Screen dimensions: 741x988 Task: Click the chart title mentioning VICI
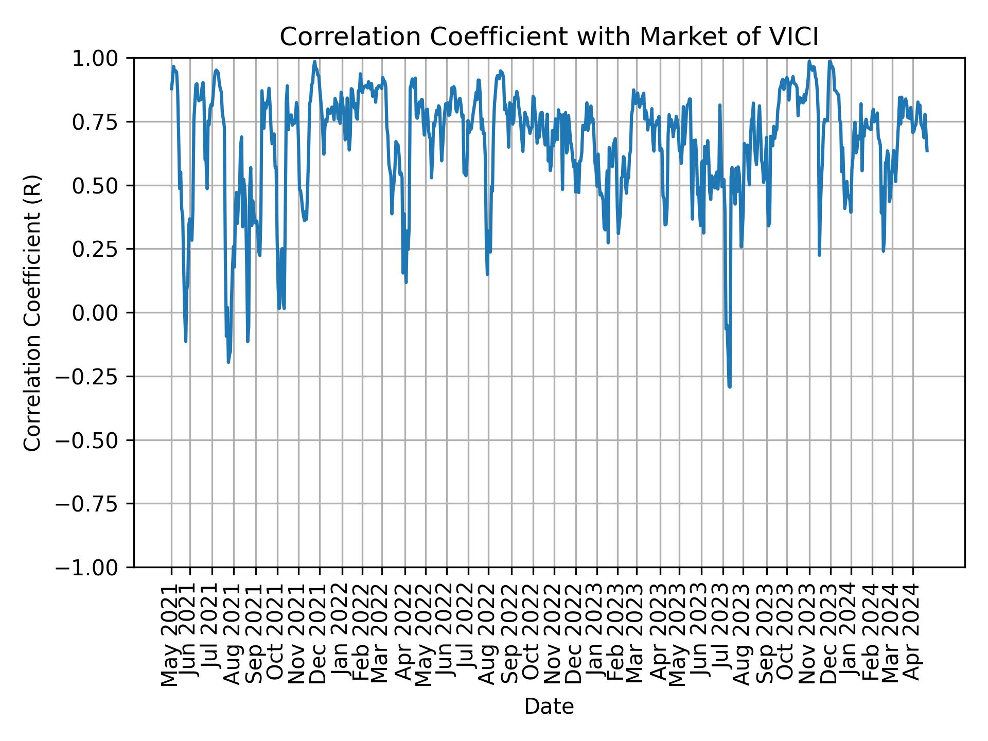(549, 37)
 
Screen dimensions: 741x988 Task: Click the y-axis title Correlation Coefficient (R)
(32, 313)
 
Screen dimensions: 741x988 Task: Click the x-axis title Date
(549, 707)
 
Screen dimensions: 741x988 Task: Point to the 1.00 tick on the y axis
(102, 58)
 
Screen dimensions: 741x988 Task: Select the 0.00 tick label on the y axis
(102, 313)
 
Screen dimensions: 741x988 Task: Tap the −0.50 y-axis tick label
(95, 440)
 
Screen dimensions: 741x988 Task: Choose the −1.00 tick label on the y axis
(95, 567)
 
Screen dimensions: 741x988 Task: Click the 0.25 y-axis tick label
(102, 249)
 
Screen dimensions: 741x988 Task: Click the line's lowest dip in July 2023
(730, 386)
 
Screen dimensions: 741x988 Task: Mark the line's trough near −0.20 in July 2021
(228, 362)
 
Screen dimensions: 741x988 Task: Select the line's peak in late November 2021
(314, 62)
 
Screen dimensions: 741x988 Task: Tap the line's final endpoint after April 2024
(927, 151)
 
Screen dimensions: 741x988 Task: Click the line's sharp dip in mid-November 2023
(819, 254)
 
